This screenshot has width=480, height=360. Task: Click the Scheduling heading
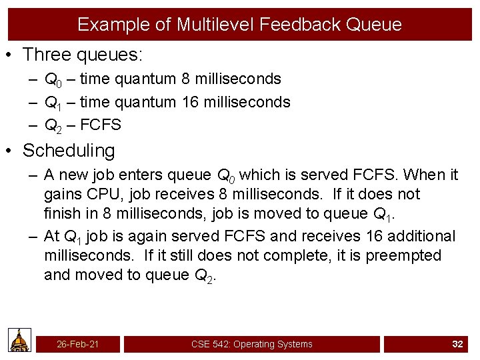pyautogui.click(x=69, y=151)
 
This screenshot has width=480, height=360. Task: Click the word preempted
pyautogui.click(x=405, y=255)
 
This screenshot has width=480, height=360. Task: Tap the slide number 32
pyautogui.click(x=457, y=344)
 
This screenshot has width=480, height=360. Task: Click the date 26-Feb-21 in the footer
pyautogui.click(x=77, y=344)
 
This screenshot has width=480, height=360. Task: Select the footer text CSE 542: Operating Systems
pyautogui.click(x=252, y=344)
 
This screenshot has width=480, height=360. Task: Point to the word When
pyautogui.click(x=425, y=175)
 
